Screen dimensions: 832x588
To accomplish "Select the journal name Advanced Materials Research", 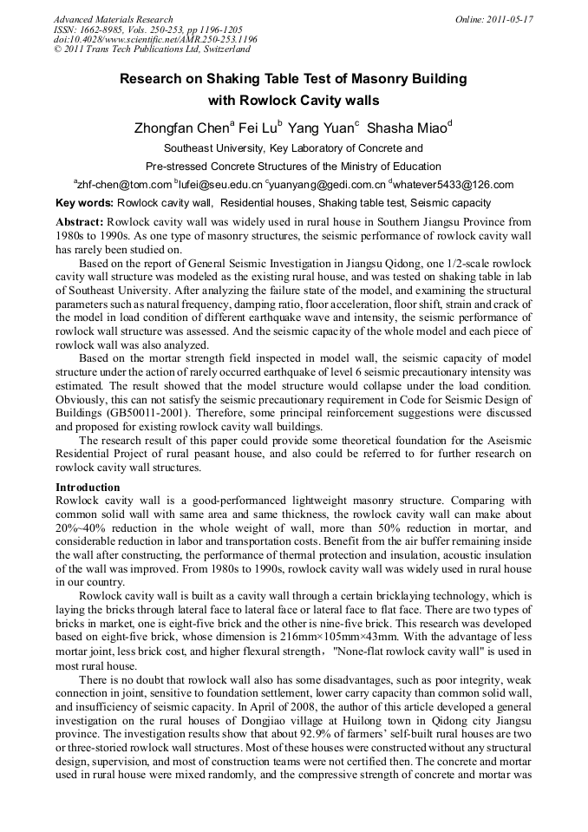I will (113, 19).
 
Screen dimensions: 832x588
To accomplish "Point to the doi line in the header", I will (155, 40).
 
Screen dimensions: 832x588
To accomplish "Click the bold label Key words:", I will (82, 203).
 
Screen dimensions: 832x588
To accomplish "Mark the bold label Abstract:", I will (79, 222).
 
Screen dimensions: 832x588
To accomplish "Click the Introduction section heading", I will (88, 488).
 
